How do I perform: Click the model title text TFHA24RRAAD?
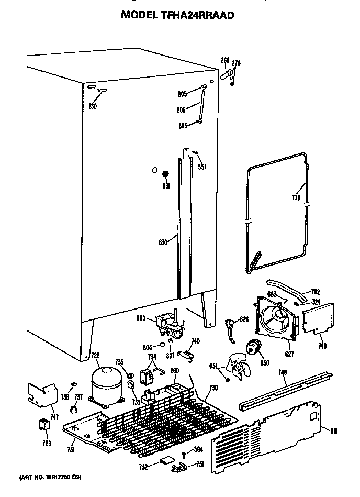pyautogui.click(x=177, y=15)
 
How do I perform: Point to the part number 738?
pyautogui.click(x=296, y=198)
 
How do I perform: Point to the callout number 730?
pyautogui.click(x=213, y=389)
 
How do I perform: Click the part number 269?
pyautogui.click(x=224, y=61)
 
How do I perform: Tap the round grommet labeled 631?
pyautogui.click(x=166, y=175)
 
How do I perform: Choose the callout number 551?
pyautogui.click(x=201, y=167)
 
